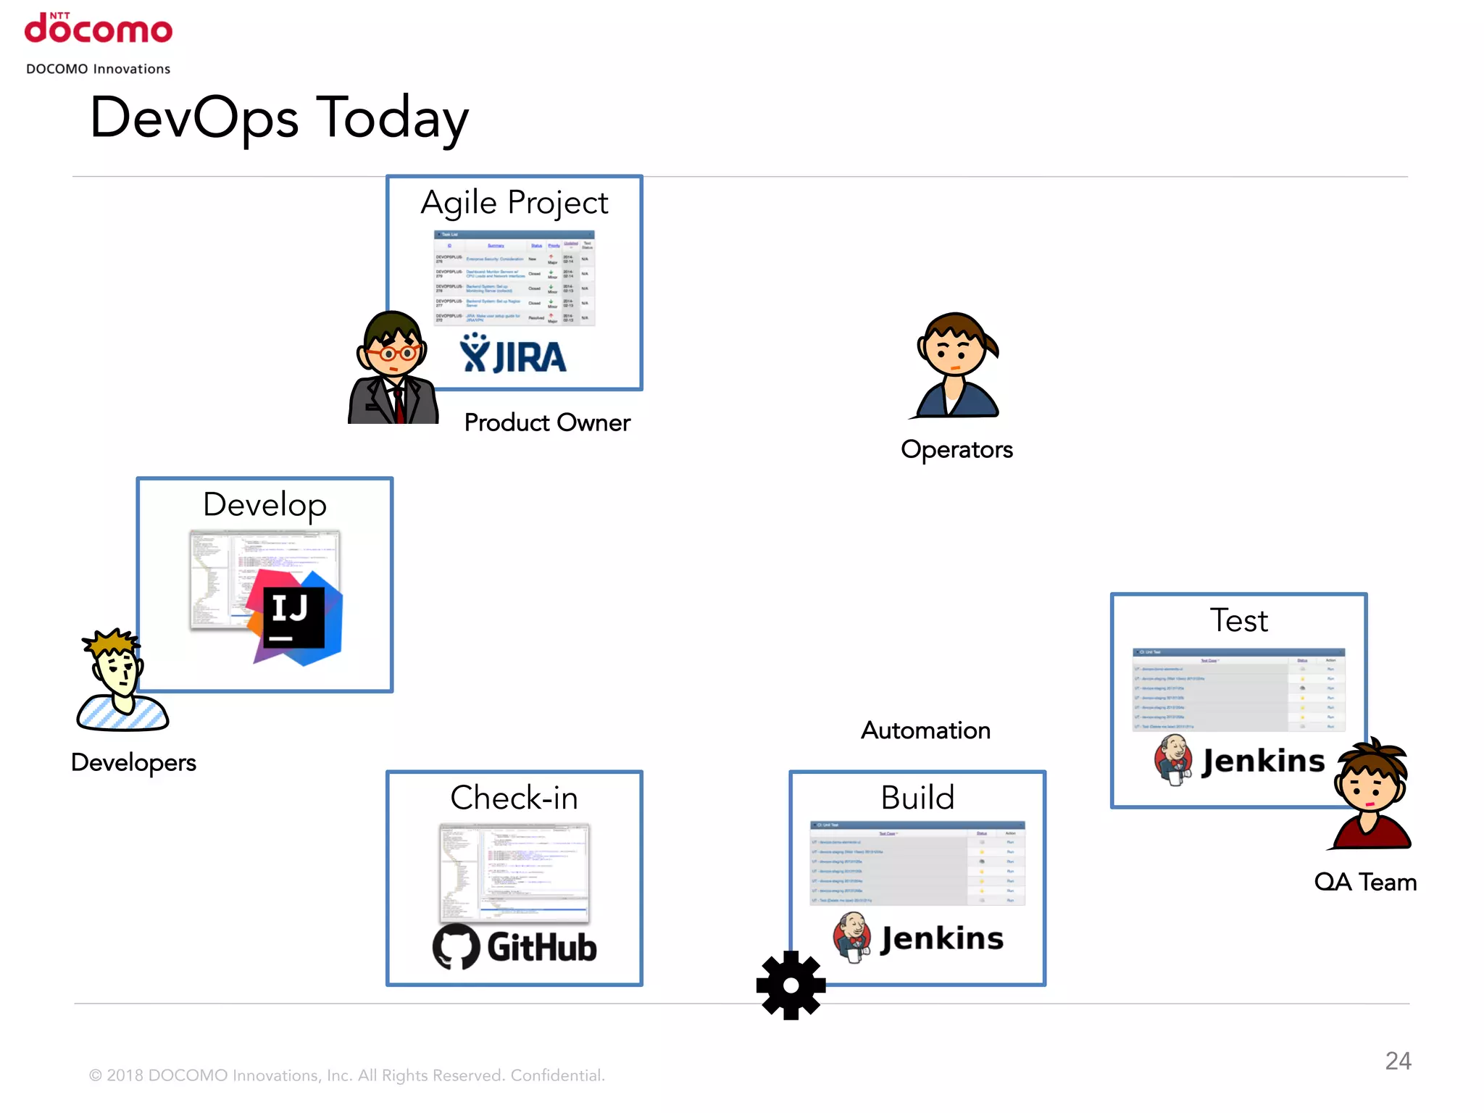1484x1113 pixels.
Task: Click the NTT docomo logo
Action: point(99,29)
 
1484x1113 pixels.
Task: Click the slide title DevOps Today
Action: point(279,118)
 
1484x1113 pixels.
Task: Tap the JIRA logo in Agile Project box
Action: point(513,354)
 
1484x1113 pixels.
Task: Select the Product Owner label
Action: point(547,422)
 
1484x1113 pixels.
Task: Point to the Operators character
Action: point(956,366)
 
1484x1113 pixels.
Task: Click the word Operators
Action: point(956,450)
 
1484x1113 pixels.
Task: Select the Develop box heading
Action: point(264,505)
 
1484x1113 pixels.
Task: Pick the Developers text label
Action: point(134,762)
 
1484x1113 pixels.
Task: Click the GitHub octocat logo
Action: point(457,946)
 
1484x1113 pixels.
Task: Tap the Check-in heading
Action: point(514,798)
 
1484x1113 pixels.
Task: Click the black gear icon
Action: point(791,985)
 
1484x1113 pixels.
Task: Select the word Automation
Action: point(925,730)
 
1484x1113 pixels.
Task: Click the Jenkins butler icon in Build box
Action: point(853,937)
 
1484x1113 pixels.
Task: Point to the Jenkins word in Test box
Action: point(1263,761)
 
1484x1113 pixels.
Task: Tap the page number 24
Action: point(1398,1061)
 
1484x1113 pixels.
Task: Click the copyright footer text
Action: point(346,1075)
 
